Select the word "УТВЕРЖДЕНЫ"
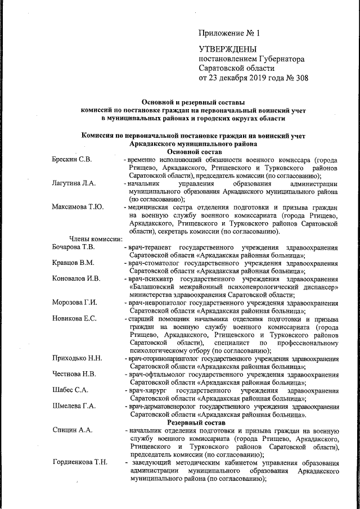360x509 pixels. pyautogui.click(x=228, y=50)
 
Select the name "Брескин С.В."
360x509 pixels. pyautogui.click(x=71, y=160)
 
